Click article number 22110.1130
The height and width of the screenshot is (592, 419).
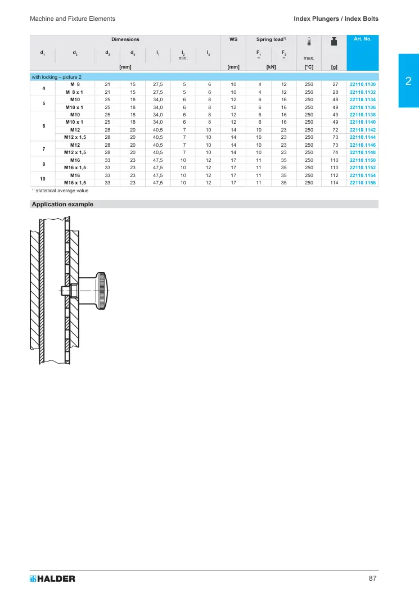coord(362,84)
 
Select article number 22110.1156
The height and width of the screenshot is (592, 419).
coord(362,183)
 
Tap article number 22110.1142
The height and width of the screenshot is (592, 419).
coord(362,130)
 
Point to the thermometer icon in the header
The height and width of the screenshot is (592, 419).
coord(309,42)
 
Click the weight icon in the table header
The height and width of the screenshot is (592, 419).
coord(334,42)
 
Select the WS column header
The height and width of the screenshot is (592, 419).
coord(233,39)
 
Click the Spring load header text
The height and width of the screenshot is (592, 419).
coord(271,39)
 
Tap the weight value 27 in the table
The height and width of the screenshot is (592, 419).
coord(335,84)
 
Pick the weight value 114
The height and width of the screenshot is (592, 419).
coord(334,183)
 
